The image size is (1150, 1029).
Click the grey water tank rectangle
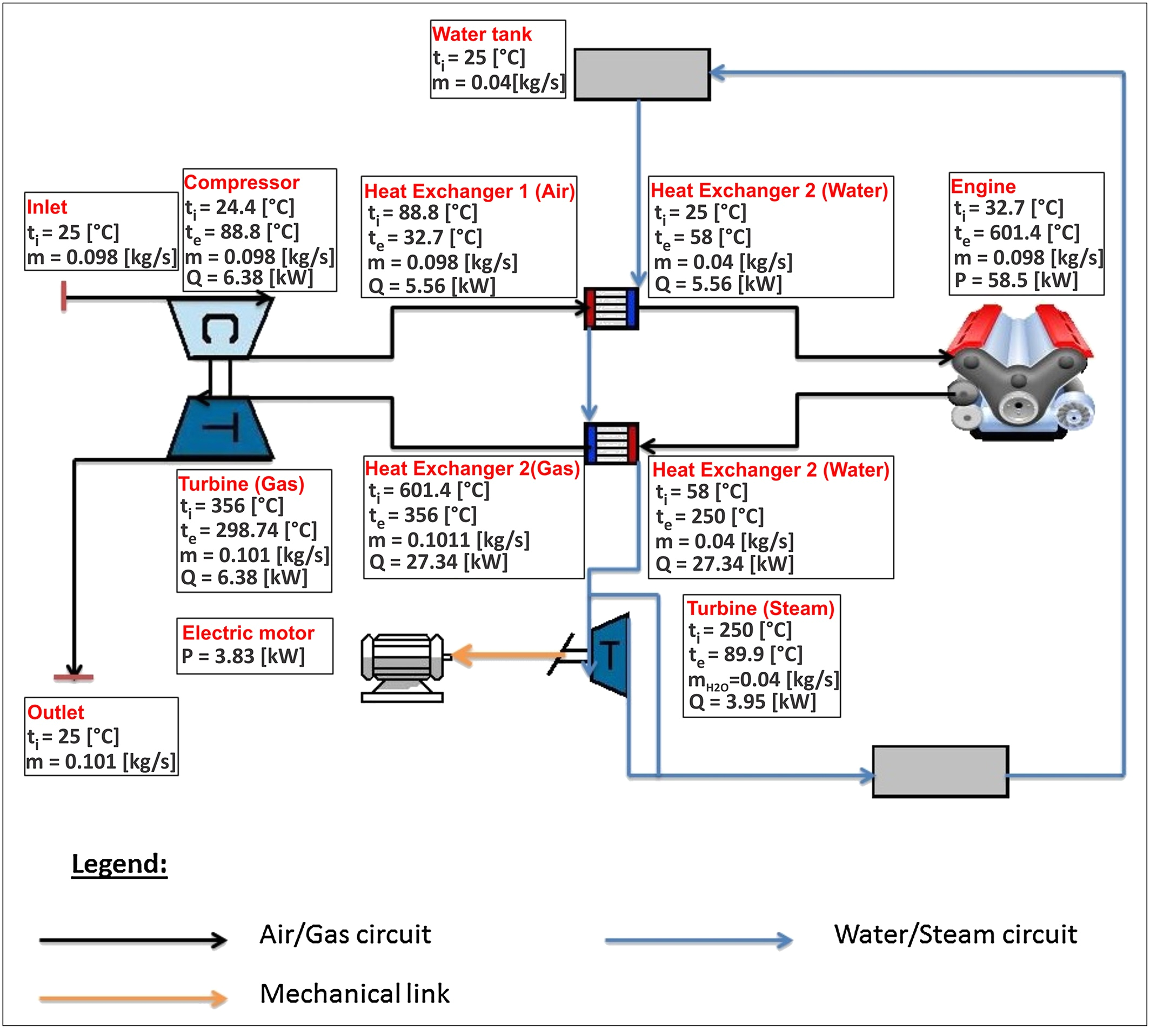coord(641,74)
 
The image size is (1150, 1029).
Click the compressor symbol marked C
coord(220,329)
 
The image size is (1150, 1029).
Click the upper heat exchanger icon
coord(611,309)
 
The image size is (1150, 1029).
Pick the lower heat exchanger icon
coord(611,443)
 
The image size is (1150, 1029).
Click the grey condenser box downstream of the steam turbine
coord(940,771)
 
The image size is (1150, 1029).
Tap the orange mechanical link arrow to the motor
coord(509,656)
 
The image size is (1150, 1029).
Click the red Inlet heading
coord(47,207)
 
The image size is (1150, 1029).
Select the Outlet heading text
coord(56,712)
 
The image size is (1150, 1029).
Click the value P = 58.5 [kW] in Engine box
coord(1016,280)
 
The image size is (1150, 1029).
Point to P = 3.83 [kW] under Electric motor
coord(243,656)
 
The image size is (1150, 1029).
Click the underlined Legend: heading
coord(119,864)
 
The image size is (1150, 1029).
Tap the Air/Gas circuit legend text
coord(345,934)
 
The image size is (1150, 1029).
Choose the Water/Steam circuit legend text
coord(955,934)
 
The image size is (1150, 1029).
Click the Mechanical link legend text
coord(355,993)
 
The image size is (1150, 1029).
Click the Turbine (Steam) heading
coord(760,608)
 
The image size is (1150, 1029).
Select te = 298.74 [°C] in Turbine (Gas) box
coord(249,530)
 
